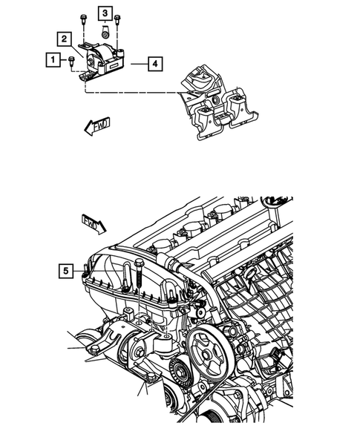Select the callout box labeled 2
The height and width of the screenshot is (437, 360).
coord(65,39)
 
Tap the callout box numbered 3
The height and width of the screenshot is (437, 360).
coord(106,14)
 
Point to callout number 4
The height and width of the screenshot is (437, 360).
coord(154,65)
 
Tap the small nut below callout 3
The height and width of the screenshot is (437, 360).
coord(106,33)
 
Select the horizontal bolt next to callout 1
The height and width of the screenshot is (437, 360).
coord(71,61)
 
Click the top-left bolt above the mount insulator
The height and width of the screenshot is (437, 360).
coord(81,18)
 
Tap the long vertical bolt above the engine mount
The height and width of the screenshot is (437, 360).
coord(139,285)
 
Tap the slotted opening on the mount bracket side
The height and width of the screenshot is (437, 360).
coord(116,65)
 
